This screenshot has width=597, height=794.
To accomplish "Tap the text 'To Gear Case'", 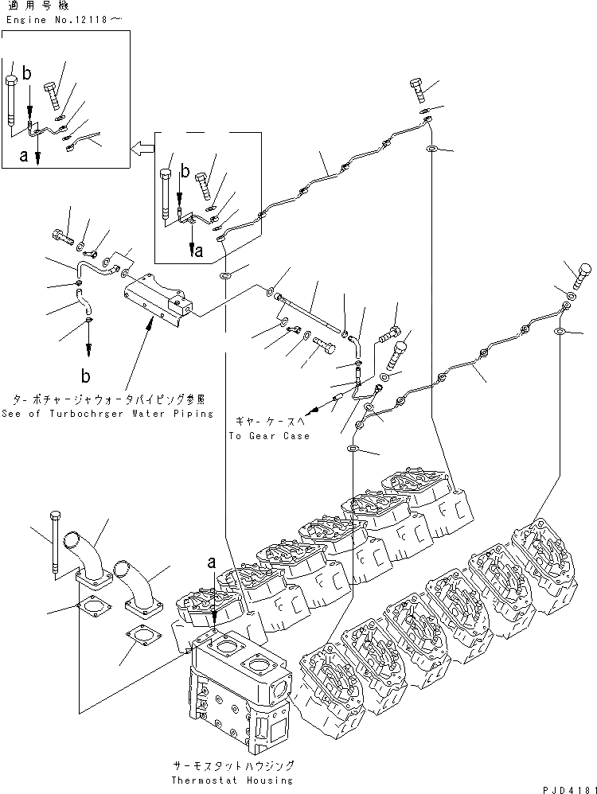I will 269,435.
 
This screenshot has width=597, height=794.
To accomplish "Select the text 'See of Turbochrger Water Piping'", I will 107,413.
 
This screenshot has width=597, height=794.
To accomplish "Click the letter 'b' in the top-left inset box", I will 27,74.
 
